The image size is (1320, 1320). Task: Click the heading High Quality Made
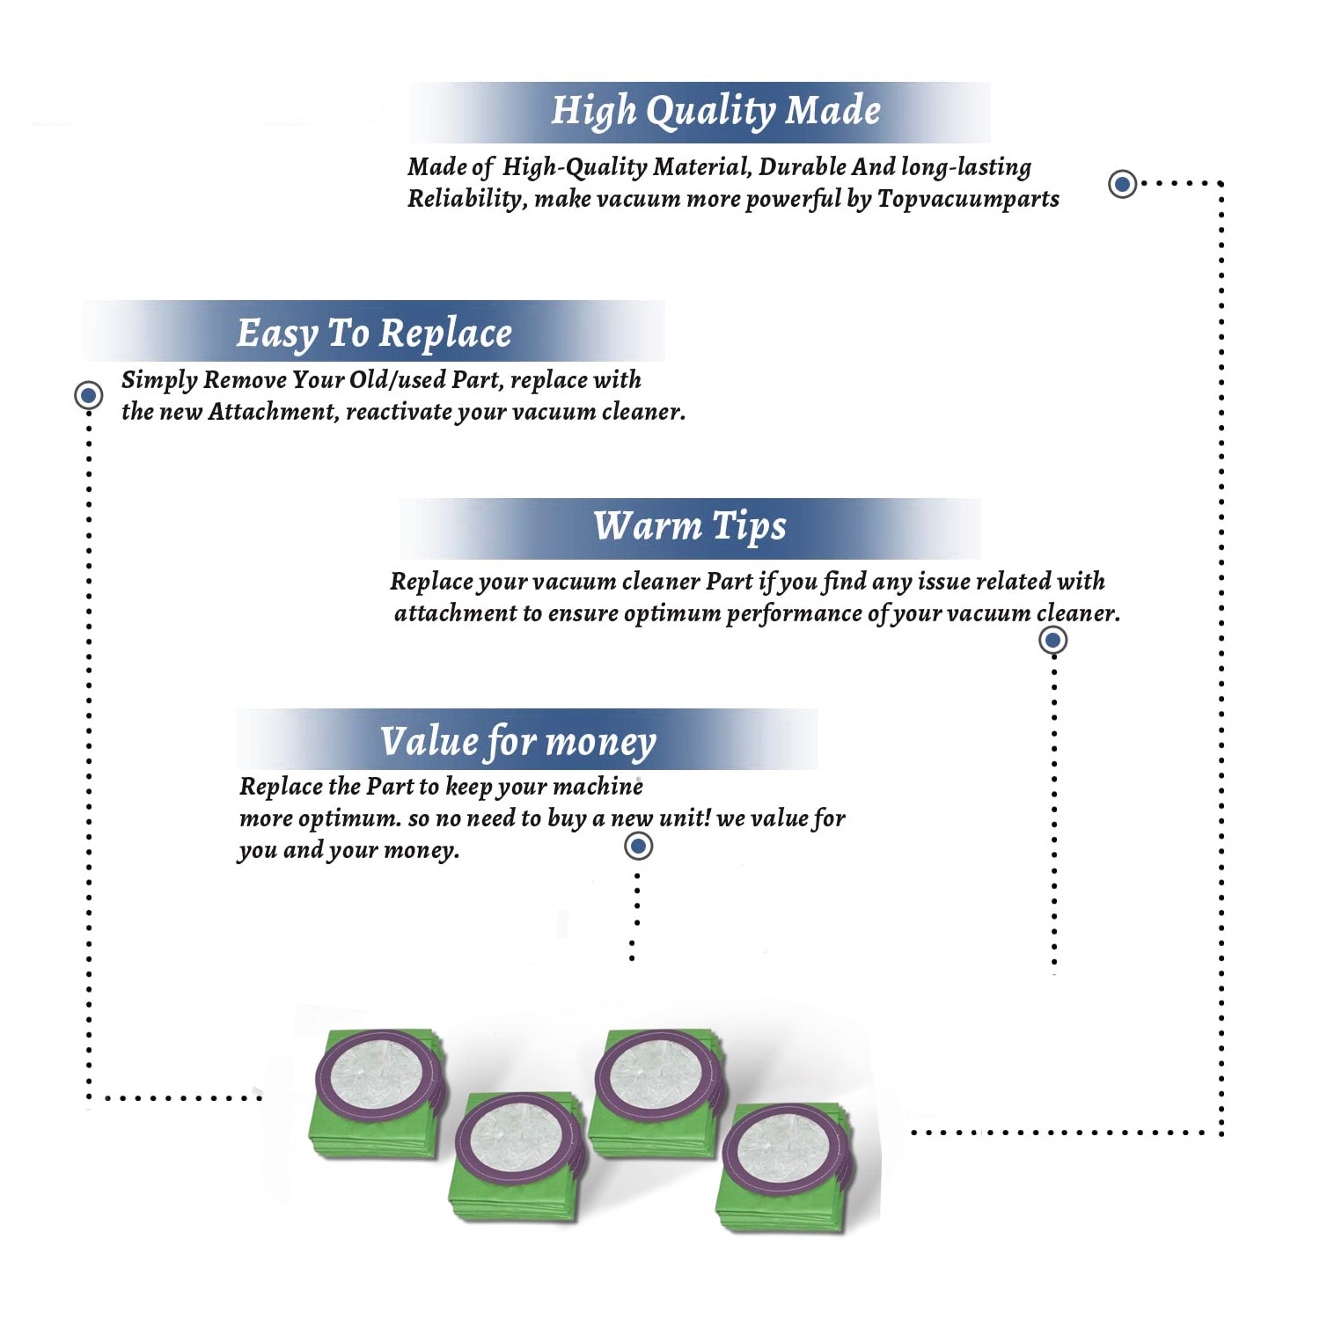click(x=715, y=112)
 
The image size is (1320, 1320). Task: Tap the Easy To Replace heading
click(x=374, y=334)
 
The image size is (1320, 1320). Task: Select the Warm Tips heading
click(x=690, y=526)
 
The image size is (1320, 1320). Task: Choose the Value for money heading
click(x=518, y=742)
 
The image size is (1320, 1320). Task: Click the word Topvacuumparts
click(x=968, y=200)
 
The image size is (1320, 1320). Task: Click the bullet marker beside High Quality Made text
click(x=1122, y=184)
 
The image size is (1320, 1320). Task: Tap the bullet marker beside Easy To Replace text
click(x=88, y=395)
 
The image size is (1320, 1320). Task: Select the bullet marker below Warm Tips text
click(x=1053, y=640)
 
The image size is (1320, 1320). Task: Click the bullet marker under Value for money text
click(x=638, y=847)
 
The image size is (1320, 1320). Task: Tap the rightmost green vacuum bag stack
click(x=786, y=1167)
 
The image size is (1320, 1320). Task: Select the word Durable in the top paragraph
click(x=802, y=167)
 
